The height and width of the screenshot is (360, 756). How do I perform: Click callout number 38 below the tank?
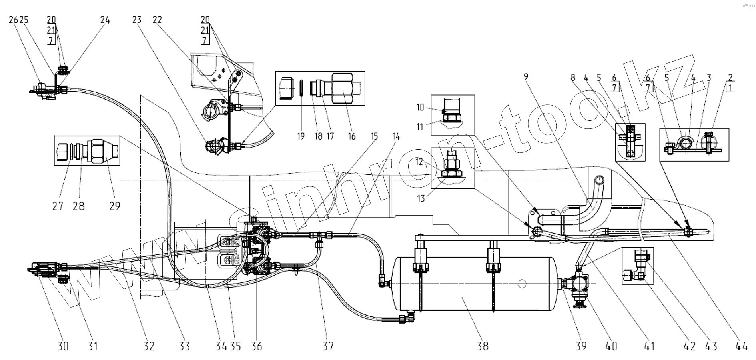click(483, 346)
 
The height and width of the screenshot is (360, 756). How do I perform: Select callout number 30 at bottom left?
click(63, 346)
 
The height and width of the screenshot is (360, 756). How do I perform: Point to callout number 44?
click(742, 346)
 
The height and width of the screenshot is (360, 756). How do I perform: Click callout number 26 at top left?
click(13, 20)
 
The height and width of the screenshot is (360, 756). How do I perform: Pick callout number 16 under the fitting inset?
click(351, 136)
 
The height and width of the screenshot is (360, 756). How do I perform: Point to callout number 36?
click(256, 346)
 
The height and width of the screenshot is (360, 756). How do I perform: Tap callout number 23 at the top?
click(137, 20)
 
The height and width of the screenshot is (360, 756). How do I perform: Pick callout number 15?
click(374, 136)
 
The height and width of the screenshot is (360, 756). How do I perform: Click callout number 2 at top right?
click(730, 77)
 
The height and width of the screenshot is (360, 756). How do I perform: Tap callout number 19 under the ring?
click(301, 136)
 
